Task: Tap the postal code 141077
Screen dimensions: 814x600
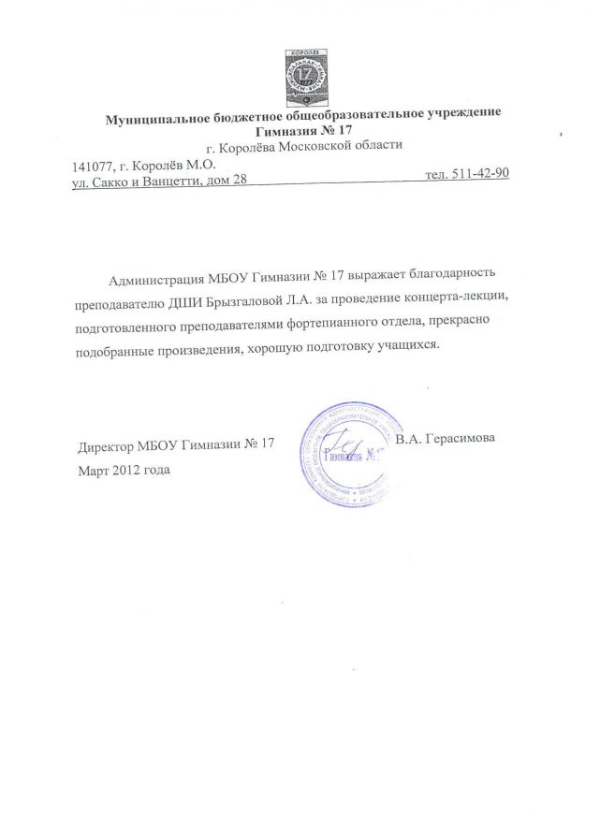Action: click(x=91, y=163)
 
